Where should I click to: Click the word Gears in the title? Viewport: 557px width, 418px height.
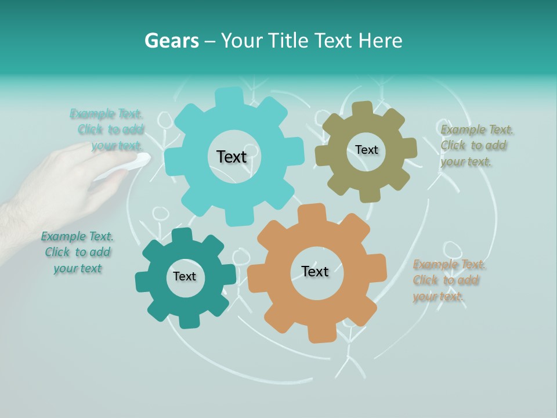tap(171, 41)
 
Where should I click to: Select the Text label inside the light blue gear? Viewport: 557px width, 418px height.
tap(232, 157)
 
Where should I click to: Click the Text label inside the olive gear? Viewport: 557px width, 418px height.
tap(366, 150)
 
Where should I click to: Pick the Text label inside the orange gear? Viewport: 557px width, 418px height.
tap(315, 272)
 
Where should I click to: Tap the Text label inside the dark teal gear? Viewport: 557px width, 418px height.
tap(184, 276)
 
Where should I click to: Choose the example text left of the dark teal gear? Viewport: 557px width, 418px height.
tap(77, 252)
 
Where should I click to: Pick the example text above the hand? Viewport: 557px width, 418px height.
tap(110, 129)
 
